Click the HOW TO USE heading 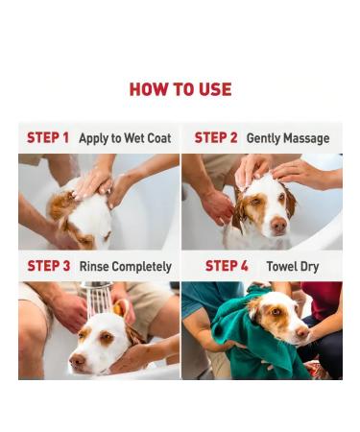[180, 89]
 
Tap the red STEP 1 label [48, 138]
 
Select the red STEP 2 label [216, 138]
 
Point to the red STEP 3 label [48, 266]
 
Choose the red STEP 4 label [227, 266]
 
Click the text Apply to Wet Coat [125, 138]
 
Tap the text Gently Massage [289, 138]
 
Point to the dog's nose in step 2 [277, 225]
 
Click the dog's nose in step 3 [77, 364]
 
